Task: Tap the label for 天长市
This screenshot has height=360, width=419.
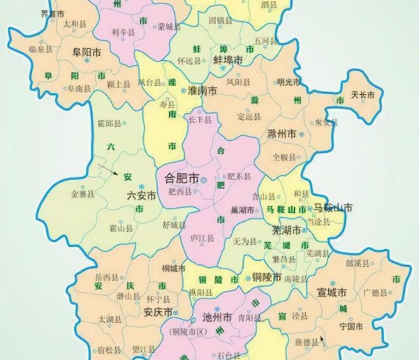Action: click(x=362, y=95)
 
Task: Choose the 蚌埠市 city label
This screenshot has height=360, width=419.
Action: click(x=228, y=60)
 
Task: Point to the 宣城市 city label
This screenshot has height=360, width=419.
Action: click(x=332, y=292)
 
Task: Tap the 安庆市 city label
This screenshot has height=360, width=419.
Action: click(x=158, y=311)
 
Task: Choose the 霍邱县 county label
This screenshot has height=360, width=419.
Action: click(x=108, y=123)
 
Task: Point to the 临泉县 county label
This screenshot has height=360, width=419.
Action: click(x=41, y=49)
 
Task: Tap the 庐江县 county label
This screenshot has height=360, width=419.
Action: click(x=202, y=238)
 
